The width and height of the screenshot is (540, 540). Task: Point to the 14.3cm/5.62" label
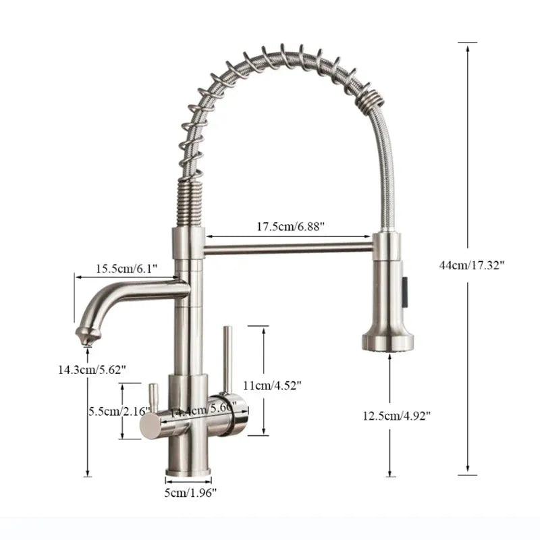pyautogui.click(x=91, y=369)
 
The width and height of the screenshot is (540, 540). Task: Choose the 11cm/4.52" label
pyautogui.click(x=271, y=385)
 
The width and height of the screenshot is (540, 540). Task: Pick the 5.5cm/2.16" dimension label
pyautogui.click(x=113, y=410)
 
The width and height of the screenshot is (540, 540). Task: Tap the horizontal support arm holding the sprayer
pyautogui.click(x=288, y=248)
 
